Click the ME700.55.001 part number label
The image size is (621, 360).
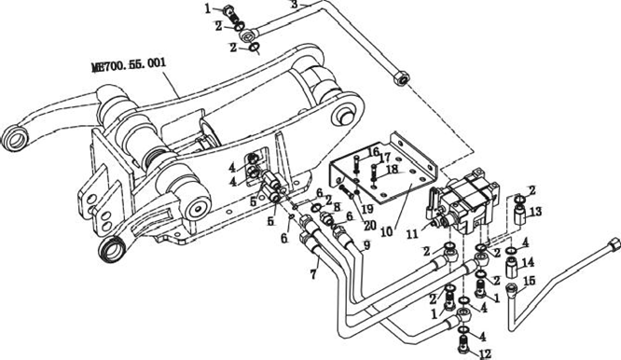pos(129,64)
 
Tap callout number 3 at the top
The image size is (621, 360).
pos(294,4)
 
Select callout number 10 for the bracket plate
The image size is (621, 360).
pos(386,231)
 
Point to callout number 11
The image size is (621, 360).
pos(412,234)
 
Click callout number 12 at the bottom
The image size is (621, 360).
pos(485,353)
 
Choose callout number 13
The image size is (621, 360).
pos(535,212)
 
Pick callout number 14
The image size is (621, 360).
pos(529,263)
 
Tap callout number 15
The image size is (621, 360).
pos(530,281)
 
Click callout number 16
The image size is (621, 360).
pos(373,152)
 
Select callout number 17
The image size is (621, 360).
pos(384,159)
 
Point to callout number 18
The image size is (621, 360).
pos(392,169)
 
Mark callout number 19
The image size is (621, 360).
pos(367,208)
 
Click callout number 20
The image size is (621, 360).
pos(370,226)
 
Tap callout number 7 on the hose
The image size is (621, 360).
pos(313,274)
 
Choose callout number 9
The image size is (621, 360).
pos(367,245)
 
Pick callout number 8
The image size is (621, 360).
pos(337,207)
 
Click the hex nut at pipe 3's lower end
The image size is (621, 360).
pos(401,80)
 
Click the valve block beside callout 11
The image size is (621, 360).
pos(463,202)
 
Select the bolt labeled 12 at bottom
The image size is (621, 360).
pos(464,345)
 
